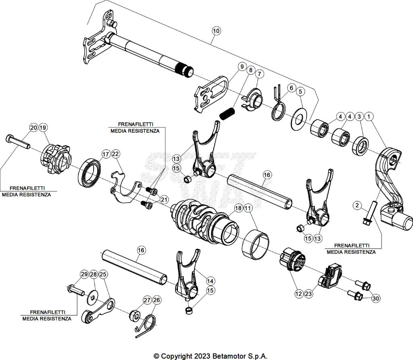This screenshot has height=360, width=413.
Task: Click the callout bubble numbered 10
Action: coord(216,30)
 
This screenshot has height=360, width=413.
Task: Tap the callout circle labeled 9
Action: coord(242,66)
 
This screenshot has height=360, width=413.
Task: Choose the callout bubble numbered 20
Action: coord(33,128)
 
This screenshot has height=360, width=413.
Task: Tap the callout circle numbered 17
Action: coord(106,154)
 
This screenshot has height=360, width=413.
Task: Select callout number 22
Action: coord(116,154)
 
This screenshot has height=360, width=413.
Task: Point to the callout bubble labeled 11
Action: coord(248,208)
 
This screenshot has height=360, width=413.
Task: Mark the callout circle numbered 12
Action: coord(298,294)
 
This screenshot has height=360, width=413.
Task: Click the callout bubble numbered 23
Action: coord(309,294)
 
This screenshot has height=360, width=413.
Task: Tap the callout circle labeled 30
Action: coord(375,299)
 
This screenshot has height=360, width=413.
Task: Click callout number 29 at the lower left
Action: coord(84,274)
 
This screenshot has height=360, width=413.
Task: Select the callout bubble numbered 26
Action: coord(156,300)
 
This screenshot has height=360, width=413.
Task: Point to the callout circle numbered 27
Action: coord(146,300)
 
